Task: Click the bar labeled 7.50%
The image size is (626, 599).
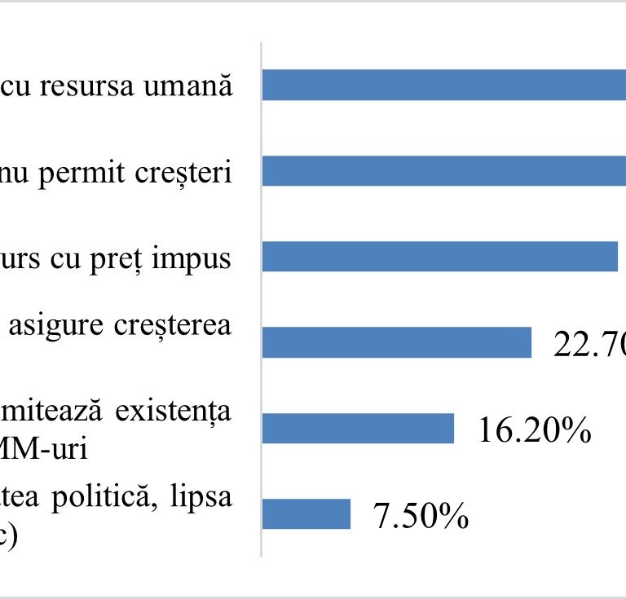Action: [x=306, y=513]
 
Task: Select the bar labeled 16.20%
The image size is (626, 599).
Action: [x=358, y=428]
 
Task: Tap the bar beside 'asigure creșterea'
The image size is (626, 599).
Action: [x=397, y=342]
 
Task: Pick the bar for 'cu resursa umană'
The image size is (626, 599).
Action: [x=444, y=85]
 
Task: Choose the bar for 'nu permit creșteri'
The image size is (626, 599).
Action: [x=444, y=170]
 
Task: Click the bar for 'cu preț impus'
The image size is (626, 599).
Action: [x=440, y=256]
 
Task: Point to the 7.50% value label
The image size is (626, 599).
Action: [x=421, y=516]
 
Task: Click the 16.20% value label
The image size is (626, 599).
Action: [x=534, y=430]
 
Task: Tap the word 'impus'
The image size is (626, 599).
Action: [x=196, y=259]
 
